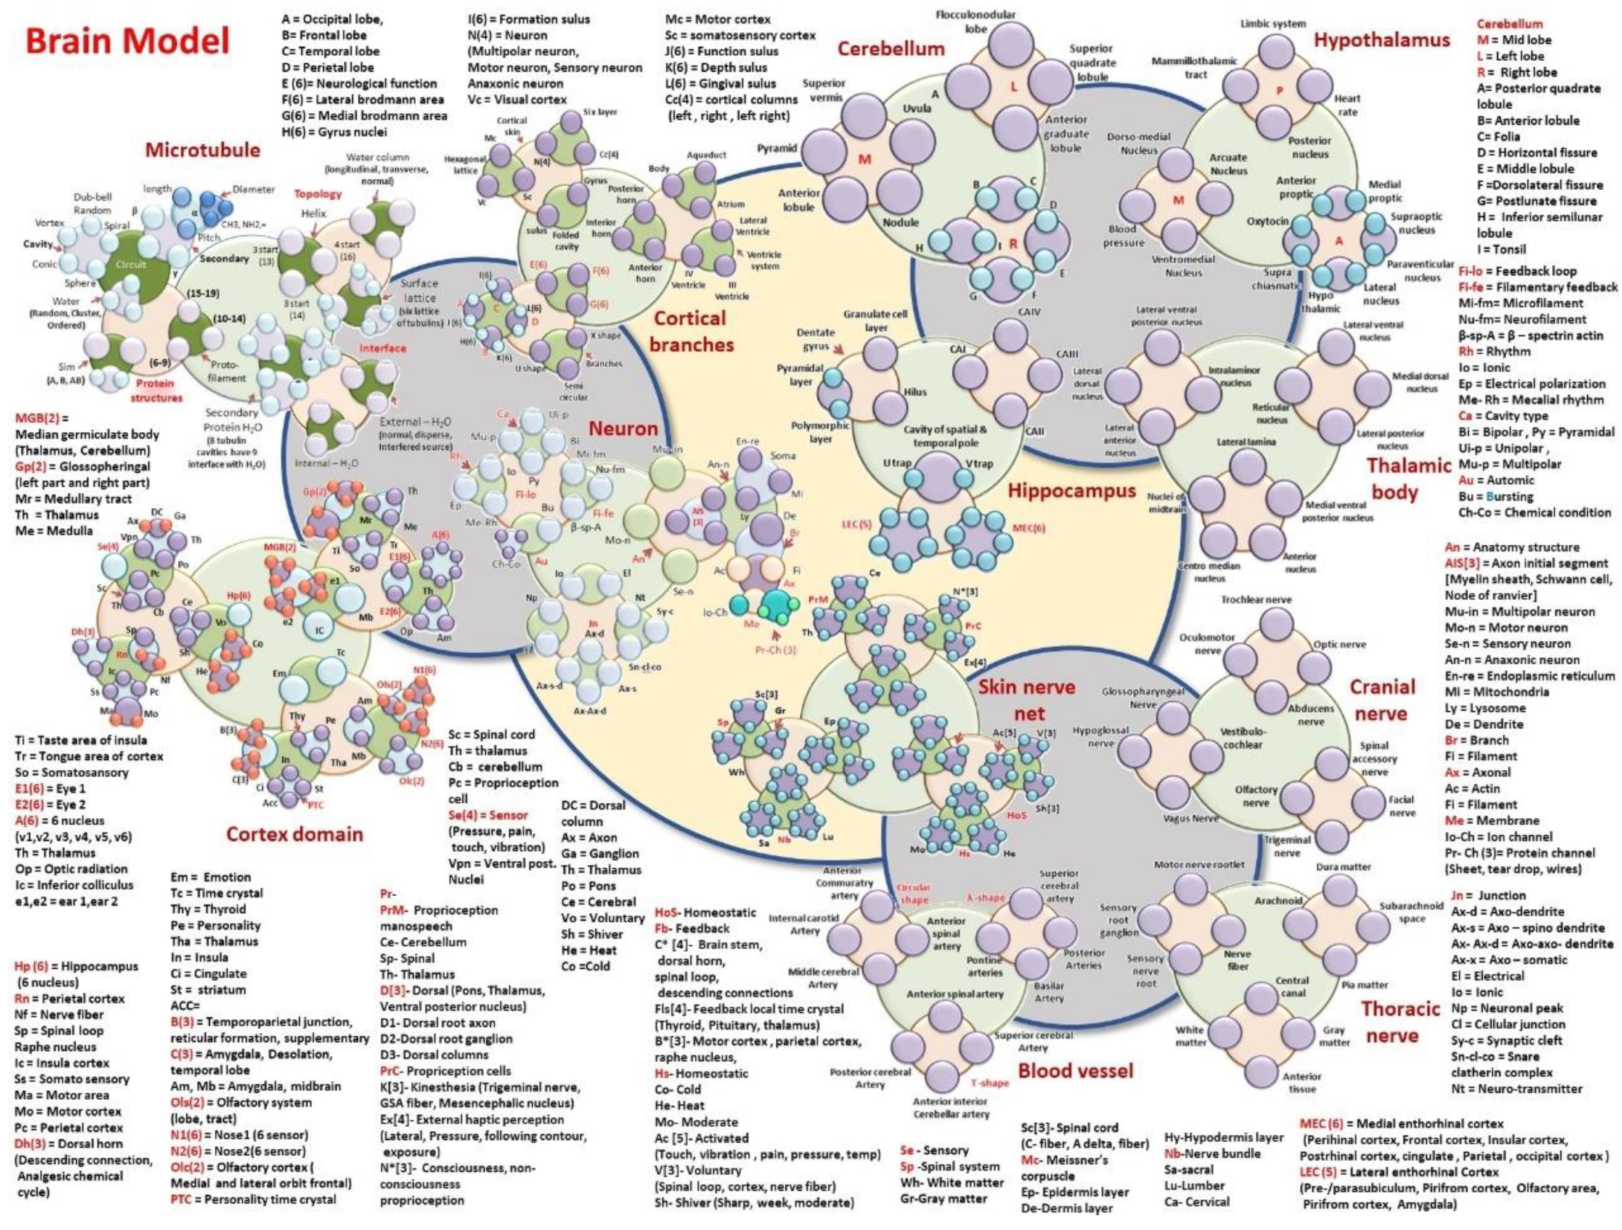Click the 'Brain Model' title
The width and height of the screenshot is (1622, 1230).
(x=127, y=41)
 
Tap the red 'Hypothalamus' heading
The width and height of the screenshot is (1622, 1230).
(x=1382, y=41)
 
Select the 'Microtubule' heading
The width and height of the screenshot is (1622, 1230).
(x=203, y=150)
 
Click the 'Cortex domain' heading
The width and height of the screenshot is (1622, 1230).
(x=294, y=835)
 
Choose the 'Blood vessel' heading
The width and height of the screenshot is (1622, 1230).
(x=1075, y=1071)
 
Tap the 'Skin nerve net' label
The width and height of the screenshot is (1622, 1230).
(x=1026, y=700)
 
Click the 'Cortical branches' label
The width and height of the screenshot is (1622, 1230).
(x=690, y=332)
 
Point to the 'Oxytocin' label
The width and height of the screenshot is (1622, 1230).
(x=1267, y=221)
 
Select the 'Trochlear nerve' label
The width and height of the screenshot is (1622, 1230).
(x=1256, y=599)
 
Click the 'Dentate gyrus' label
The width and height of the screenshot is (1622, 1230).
(x=815, y=340)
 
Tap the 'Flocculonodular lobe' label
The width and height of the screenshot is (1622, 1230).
(x=976, y=21)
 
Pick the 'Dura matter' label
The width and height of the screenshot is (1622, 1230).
(x=1343, y=866)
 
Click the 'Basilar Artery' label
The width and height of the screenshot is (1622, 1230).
(x=1048, y=992)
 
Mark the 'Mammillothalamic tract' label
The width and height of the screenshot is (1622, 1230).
(x=1194, y=67)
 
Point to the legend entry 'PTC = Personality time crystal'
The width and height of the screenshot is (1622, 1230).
(x=253, y=1200)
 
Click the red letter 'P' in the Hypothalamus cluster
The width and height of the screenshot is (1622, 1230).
(x=1279, y=91)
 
